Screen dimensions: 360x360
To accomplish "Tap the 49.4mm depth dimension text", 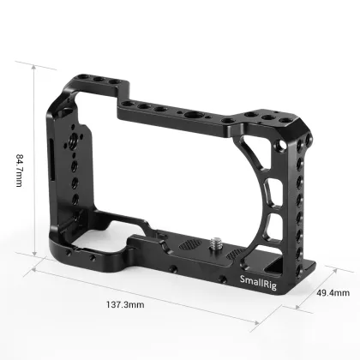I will point(333,292).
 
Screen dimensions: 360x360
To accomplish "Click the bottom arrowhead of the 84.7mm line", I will point(35,255).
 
